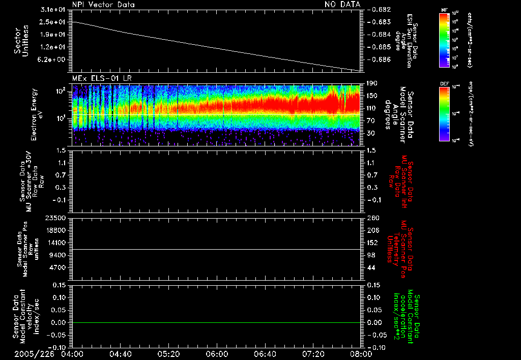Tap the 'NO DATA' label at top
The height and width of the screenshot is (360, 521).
point(342,5)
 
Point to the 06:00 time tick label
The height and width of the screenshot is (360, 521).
point(217,353)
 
